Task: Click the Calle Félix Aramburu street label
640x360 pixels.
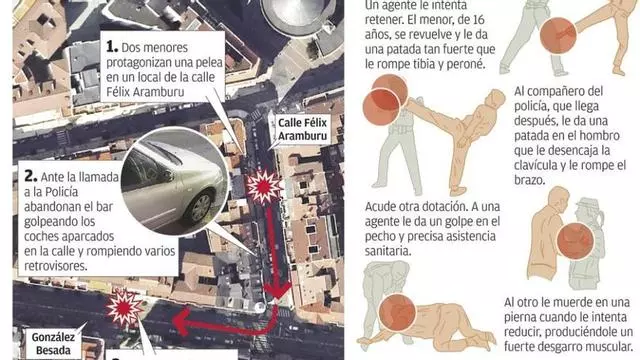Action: click(302, 129)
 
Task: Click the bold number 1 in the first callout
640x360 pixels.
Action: click(111, 47)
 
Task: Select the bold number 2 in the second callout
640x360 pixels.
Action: click(31, 176)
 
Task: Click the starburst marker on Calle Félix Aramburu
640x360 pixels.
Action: click(264, 188)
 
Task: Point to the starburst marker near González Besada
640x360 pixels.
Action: click(124, 308)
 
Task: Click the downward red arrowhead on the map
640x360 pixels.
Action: click(277, 291)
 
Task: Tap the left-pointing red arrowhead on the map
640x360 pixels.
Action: click(181, 322)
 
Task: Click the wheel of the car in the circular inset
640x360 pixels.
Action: click(200, 208)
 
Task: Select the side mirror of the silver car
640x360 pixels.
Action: click(167, 176)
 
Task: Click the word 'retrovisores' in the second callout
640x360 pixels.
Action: click(56, 266)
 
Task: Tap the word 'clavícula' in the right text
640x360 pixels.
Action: click(537, 165)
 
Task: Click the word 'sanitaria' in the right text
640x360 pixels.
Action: click(388, 251)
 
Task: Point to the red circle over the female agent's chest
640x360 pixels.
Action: click(575, 241)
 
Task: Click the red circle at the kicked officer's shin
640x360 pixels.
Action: click(558, 36)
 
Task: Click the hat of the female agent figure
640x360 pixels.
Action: click(588, 204)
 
